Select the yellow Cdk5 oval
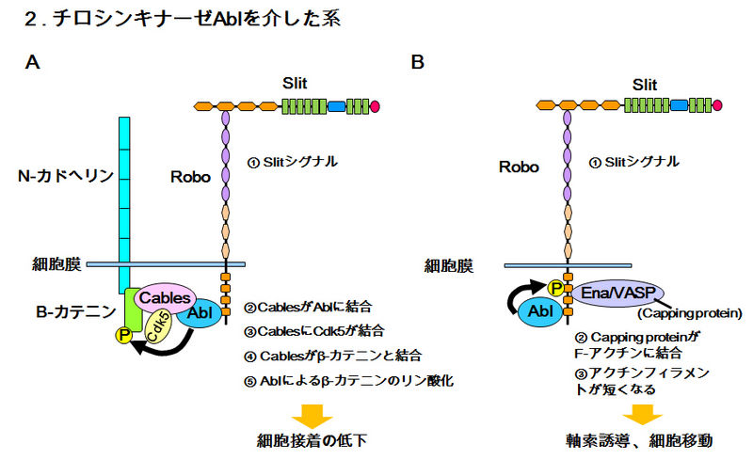156,325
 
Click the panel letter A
33,62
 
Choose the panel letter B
418,62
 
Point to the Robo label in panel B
519,167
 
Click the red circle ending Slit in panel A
376,106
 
